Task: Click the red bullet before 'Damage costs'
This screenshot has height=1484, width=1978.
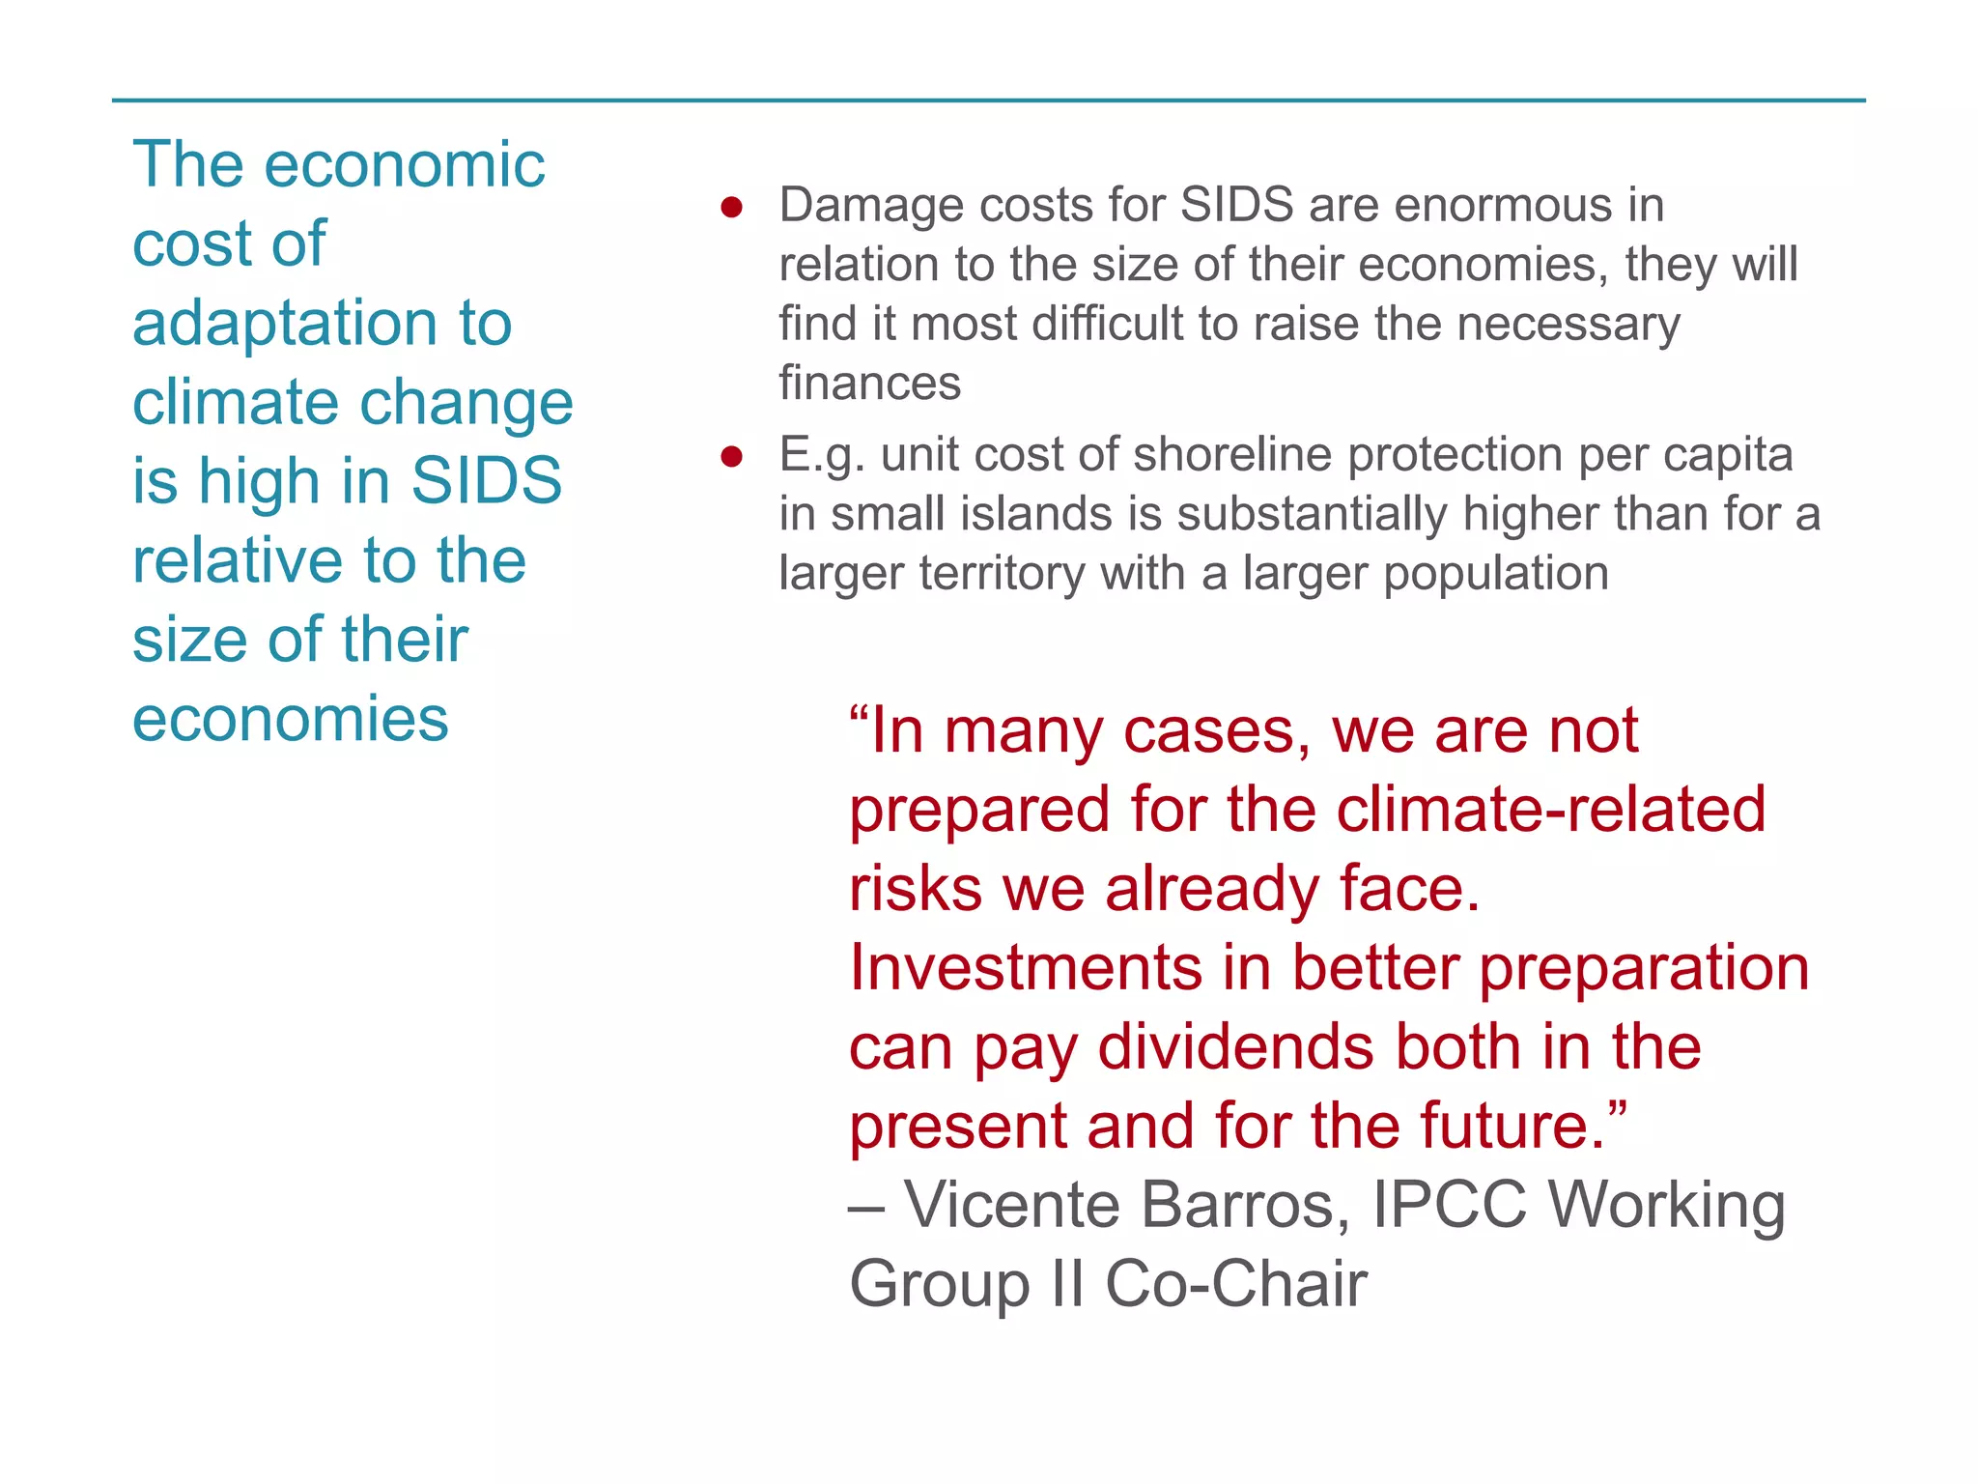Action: (731, 208)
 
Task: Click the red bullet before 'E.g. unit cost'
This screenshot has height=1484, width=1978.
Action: (731, 456)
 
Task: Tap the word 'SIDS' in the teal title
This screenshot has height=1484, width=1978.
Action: (486, 480)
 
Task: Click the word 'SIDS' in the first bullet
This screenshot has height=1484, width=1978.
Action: (1236, 206)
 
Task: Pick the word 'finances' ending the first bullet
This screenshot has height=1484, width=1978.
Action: (869, 384)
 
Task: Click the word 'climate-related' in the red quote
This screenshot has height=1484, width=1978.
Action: (1550, 810)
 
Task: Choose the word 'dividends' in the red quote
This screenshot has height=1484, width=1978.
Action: (1236, 1047)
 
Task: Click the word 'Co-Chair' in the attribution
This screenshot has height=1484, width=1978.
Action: (1235, 1285)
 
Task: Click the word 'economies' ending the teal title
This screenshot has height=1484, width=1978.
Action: (290, 719)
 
